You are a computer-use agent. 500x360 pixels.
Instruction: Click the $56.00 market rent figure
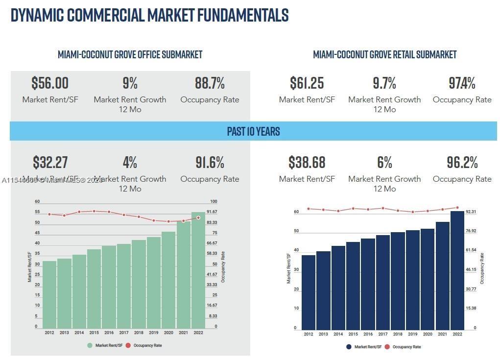pos(50,83)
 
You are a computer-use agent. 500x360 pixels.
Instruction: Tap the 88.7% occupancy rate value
pos(210,83)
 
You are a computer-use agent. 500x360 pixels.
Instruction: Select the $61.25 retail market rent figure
pos(307,83)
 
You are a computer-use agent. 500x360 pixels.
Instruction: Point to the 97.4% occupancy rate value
pos(462,83)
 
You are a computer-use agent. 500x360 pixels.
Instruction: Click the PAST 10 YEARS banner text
pos(253,131)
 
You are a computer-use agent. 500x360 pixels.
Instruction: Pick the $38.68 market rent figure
pos(307,162)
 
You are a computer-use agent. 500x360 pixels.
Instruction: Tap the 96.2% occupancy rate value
pos(462,162)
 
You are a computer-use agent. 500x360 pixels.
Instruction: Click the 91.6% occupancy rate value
pos(210,162)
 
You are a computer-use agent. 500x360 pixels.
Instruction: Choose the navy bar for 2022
pos(457,269)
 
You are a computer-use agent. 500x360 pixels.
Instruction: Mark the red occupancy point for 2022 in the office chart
pos(198,217)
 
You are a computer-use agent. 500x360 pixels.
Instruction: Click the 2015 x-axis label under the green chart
pos(94,333)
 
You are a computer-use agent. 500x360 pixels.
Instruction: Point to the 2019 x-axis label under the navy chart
pos(413,334)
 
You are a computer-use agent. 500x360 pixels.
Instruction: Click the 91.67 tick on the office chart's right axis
pos(212,212)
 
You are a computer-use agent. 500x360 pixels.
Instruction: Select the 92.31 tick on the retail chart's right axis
pos(471,212)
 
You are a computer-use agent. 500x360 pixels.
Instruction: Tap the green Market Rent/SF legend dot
pos(90,345)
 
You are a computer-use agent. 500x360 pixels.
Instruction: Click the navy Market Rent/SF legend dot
pos(349,347)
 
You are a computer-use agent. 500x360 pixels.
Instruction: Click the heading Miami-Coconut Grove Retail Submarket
pos(384,54)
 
